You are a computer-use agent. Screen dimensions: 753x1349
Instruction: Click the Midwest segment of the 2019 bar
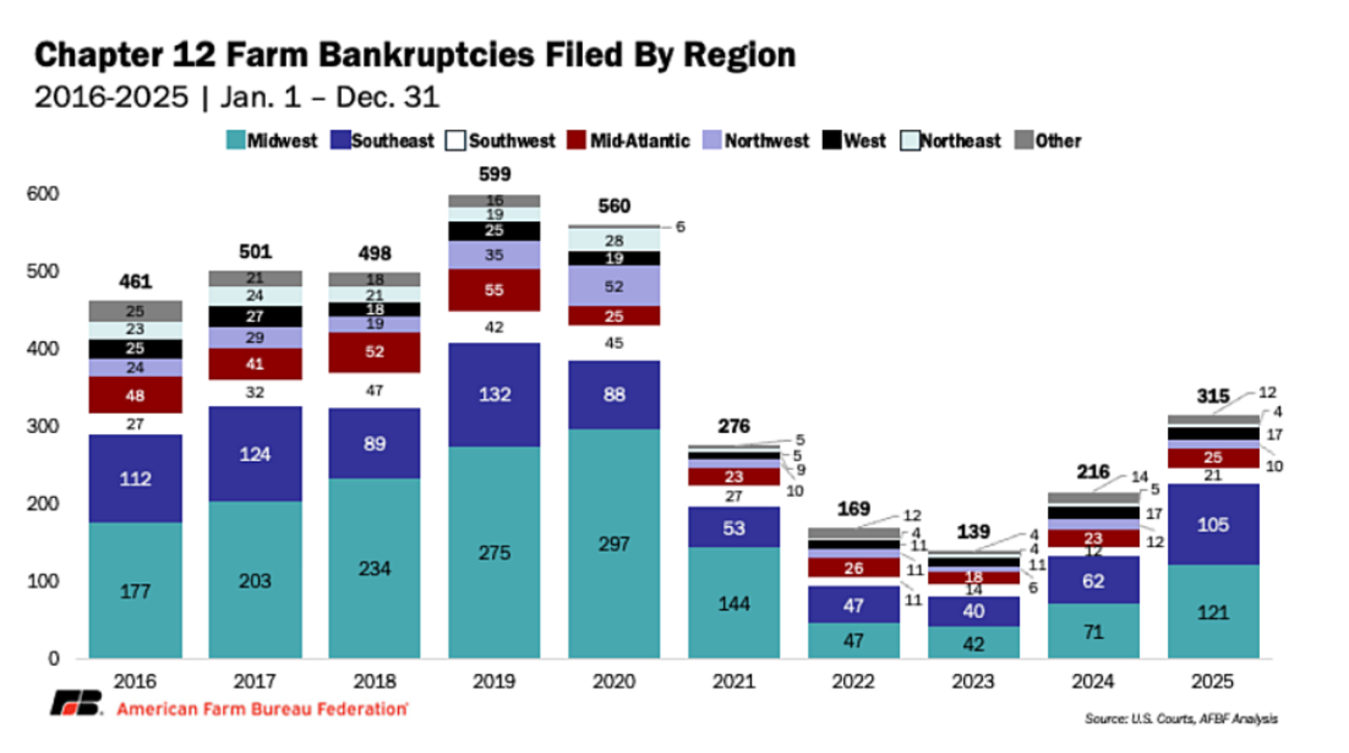click(494, 552)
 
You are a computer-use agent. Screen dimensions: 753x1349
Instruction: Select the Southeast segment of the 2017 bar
click(254, 454)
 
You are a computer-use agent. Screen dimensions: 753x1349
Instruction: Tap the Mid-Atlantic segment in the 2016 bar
click(135, 395)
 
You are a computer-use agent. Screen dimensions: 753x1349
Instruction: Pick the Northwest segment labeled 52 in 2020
click(613, 286)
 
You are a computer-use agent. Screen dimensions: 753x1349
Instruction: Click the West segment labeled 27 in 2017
click(254, 316)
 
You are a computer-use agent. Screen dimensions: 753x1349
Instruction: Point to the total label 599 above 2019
click(494, 174)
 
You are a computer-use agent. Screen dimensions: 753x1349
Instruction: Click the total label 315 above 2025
click(1212, 396)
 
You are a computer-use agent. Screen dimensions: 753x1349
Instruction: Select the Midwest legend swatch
click(235, 140)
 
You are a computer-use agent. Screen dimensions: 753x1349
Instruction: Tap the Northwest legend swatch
click(712, 140)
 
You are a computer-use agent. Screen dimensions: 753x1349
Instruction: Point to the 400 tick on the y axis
click(42, 349)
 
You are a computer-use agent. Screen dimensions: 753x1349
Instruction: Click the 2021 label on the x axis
click(733, 682)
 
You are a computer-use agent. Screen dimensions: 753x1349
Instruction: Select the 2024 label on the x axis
click(1093, 682)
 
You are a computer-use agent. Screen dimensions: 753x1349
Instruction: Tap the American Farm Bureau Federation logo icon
click(77, 703)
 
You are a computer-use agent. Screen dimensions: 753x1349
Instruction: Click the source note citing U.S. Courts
click(1180, 719)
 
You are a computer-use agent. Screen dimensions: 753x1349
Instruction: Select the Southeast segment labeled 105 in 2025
click(1212, 524)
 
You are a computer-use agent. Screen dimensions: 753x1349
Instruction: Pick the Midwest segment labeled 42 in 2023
click(973, 643)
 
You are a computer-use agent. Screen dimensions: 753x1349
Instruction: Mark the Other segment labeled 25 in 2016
click(135, 311)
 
